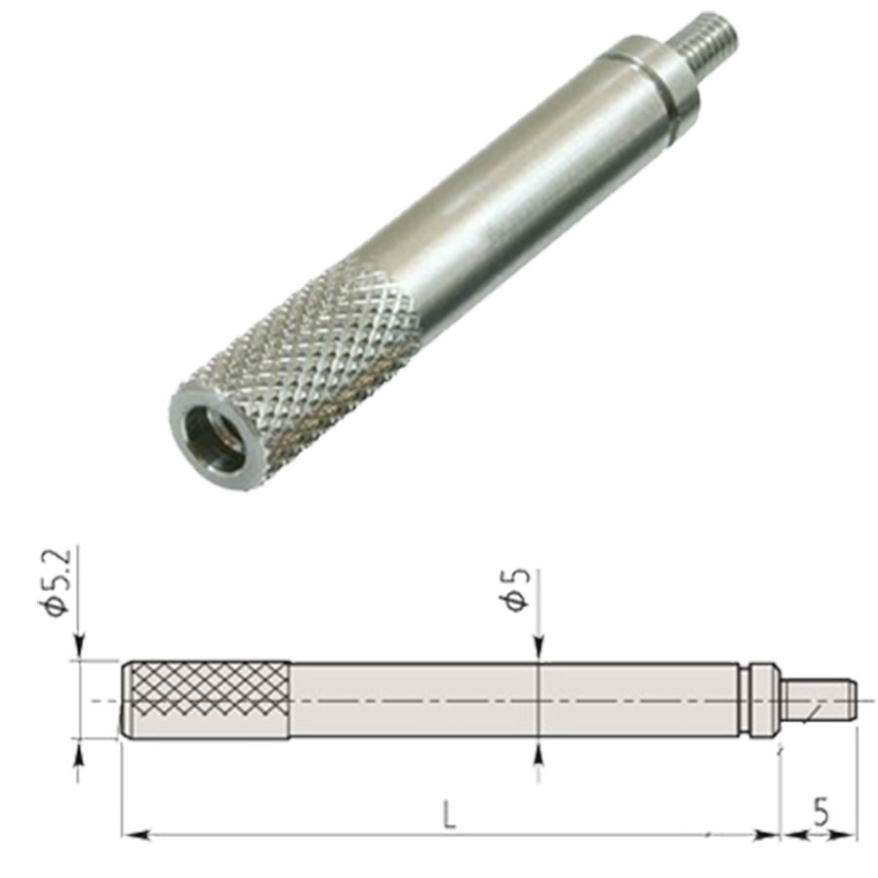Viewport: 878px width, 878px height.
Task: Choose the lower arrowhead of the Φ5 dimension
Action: [x=538, y=749]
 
